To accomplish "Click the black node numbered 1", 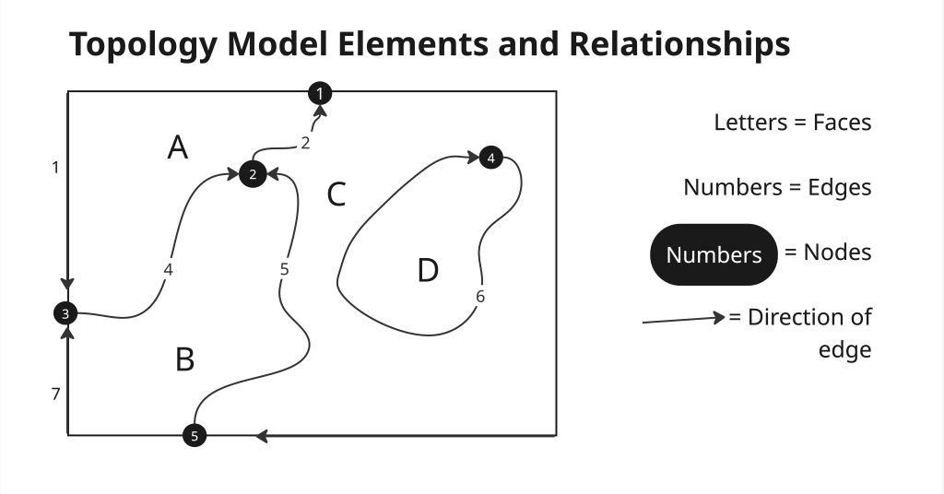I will pos(319,92).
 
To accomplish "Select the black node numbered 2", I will pos(253,173).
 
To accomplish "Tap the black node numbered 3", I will pos(65,313).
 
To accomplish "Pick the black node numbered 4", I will pos(490,158).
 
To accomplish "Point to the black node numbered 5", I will pos(194,436).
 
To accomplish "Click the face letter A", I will pos(178,147).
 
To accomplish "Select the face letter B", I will pos(184,359).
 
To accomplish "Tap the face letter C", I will pos(336,194).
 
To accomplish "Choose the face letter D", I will pos(427,271).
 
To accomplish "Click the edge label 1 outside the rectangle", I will pos(55,167).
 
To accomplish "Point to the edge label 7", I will pos(55,394).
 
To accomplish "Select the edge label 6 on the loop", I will pos(480,297).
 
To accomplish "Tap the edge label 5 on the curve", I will pos(284,269).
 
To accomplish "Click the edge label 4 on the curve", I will pos(168,269).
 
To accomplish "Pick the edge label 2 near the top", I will pos(305,143).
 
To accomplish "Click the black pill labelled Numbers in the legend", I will pos(714,254).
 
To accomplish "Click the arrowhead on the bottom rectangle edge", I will pos(262,435).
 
